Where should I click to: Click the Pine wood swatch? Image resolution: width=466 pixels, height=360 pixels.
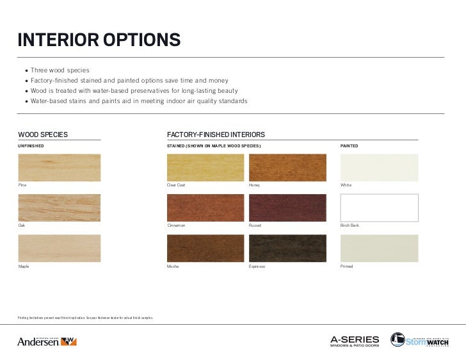click(x=59, y=167)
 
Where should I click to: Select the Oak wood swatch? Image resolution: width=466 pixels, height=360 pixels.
click(x=59, y=208)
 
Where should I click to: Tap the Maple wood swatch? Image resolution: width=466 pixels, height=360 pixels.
click(x=59, y=248)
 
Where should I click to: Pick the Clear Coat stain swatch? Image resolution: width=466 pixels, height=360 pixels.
click(x=205, y=167)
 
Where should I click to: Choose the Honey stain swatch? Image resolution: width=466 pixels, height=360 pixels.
click(x=287, y=167)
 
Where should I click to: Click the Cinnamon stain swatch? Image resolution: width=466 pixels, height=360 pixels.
click(x=205, y=208)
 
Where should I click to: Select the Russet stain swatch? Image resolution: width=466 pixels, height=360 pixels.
click(x=287, y=208)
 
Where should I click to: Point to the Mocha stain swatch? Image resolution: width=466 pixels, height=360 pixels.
click(x=205, y=248)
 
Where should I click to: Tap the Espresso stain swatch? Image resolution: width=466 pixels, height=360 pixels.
click(x=287, y=248)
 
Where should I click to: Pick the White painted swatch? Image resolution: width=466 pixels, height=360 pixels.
click(x=379, y=167)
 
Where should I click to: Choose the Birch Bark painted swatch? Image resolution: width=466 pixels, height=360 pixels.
click(x=379, y=208)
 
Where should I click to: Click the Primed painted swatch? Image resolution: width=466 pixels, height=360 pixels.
click(x=379, y=248)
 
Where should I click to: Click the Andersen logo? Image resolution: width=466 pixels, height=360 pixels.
click(x=47, y=341)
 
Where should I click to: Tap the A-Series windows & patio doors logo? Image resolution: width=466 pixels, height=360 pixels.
click(x=355, y=341)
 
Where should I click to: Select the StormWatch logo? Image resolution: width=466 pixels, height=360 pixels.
click(x=419, y=340)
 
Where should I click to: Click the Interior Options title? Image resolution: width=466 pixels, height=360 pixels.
click(x=99, y=40)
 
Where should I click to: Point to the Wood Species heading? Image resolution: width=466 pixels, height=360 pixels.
click(x=43, y=135)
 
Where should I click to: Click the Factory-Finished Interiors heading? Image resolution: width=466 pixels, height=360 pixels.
click(x=216, y=135)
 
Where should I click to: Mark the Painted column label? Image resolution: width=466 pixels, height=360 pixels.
click(x=349, y=146)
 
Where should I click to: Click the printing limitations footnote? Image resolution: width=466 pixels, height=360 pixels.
click(x=85, y=318)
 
